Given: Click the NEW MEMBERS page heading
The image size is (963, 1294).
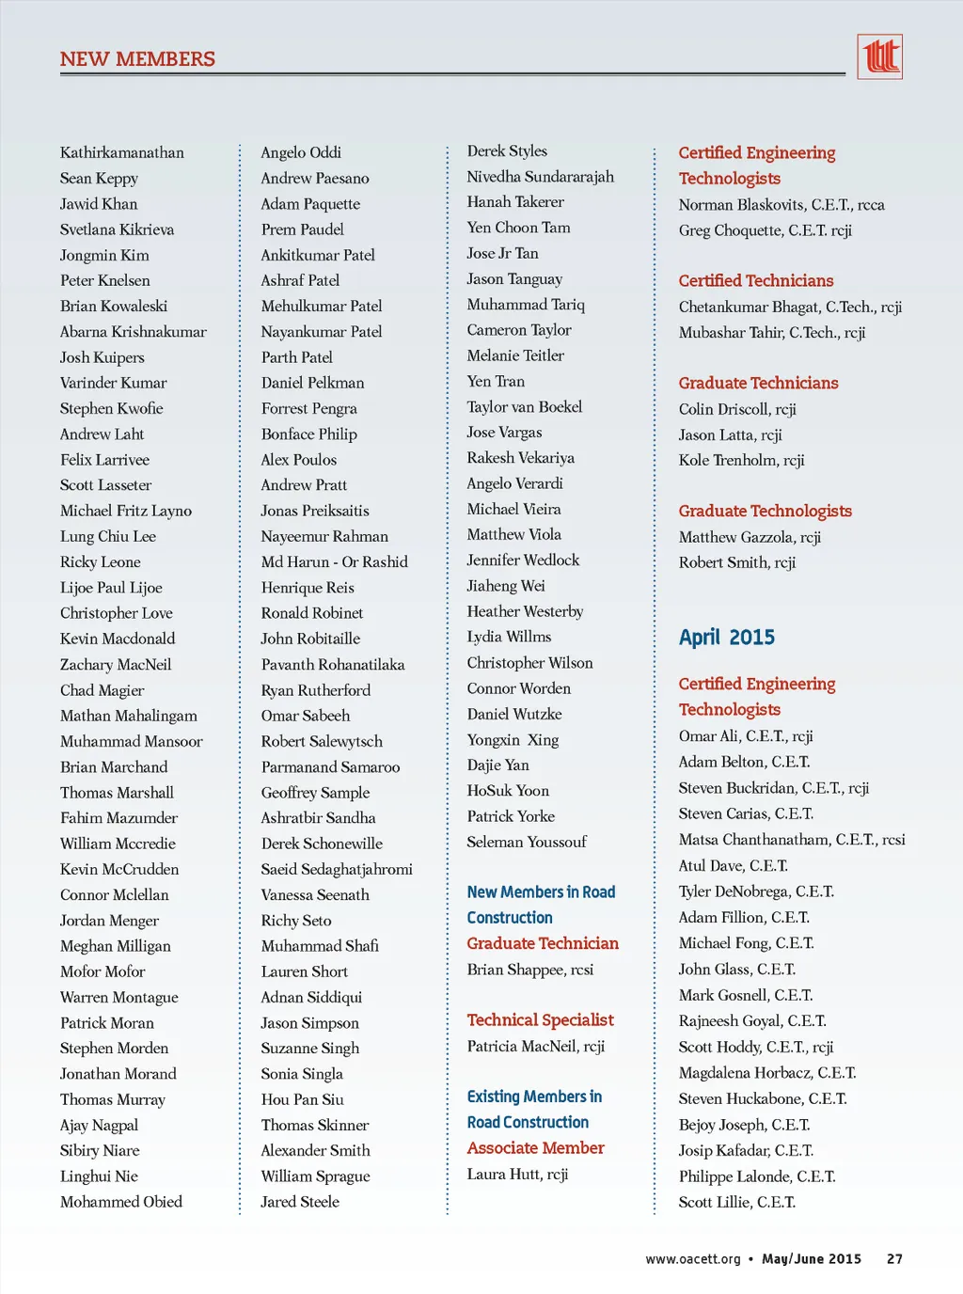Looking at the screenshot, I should click(x=137, y=59).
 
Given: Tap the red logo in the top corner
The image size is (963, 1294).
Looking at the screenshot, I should click(x=879, y=56).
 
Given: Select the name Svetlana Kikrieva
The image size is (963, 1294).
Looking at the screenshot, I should click(x=117, y=229).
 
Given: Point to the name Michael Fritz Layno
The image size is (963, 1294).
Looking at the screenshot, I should click(x=126, y=511).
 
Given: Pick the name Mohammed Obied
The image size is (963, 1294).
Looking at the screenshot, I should click(x=121, y=1202).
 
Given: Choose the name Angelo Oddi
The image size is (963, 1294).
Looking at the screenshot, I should click(x=301, y=152).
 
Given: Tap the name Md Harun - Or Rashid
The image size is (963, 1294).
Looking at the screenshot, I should click(x=334, y=561).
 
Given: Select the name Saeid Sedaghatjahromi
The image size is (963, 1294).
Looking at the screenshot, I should click(x=337, y=869).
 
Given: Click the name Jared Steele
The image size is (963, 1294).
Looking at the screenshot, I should click(x=300, y=1202).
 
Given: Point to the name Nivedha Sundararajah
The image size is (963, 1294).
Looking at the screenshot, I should click(x=540, y=177).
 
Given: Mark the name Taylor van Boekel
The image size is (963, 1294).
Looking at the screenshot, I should click(x=524, y=407).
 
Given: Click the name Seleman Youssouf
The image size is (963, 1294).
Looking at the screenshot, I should click(x=527, y=842).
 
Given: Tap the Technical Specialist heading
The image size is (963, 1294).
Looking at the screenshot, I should click(x=540, y=1020).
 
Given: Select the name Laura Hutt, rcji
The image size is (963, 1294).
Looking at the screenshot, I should click(x=517, y=1174).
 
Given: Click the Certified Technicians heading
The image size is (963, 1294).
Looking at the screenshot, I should click(x=756, y=280).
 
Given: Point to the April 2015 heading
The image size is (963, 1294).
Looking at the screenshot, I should click(x=727, y=638).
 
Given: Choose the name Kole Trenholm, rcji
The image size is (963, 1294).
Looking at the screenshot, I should click(x=741, y=460).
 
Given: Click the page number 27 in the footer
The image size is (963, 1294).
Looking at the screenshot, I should click(x=894, y=1259).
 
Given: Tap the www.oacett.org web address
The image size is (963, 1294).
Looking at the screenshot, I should click(x=692, y=1259).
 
